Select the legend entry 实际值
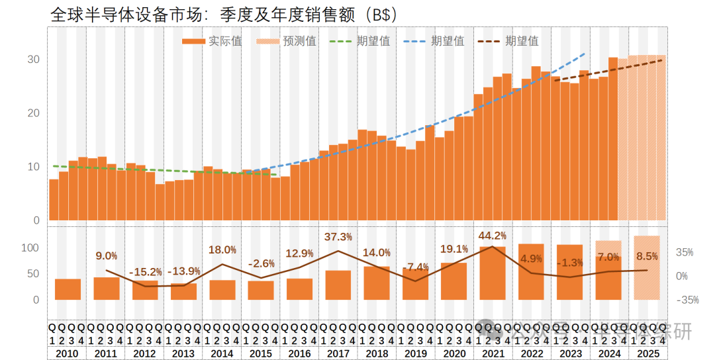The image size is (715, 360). tap(213, 41)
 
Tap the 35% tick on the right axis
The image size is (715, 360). tap(685, 253)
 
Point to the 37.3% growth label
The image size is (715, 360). tap(338, 237)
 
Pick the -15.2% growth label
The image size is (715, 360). tap(145, 272)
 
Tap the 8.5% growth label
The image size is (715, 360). tap(647, 256)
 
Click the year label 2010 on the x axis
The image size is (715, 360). tap(68, 353)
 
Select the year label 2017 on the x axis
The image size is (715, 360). tap(338, 353)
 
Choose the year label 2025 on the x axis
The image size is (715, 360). tap(647, 353)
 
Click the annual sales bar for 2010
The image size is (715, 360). tap(68, 289)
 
